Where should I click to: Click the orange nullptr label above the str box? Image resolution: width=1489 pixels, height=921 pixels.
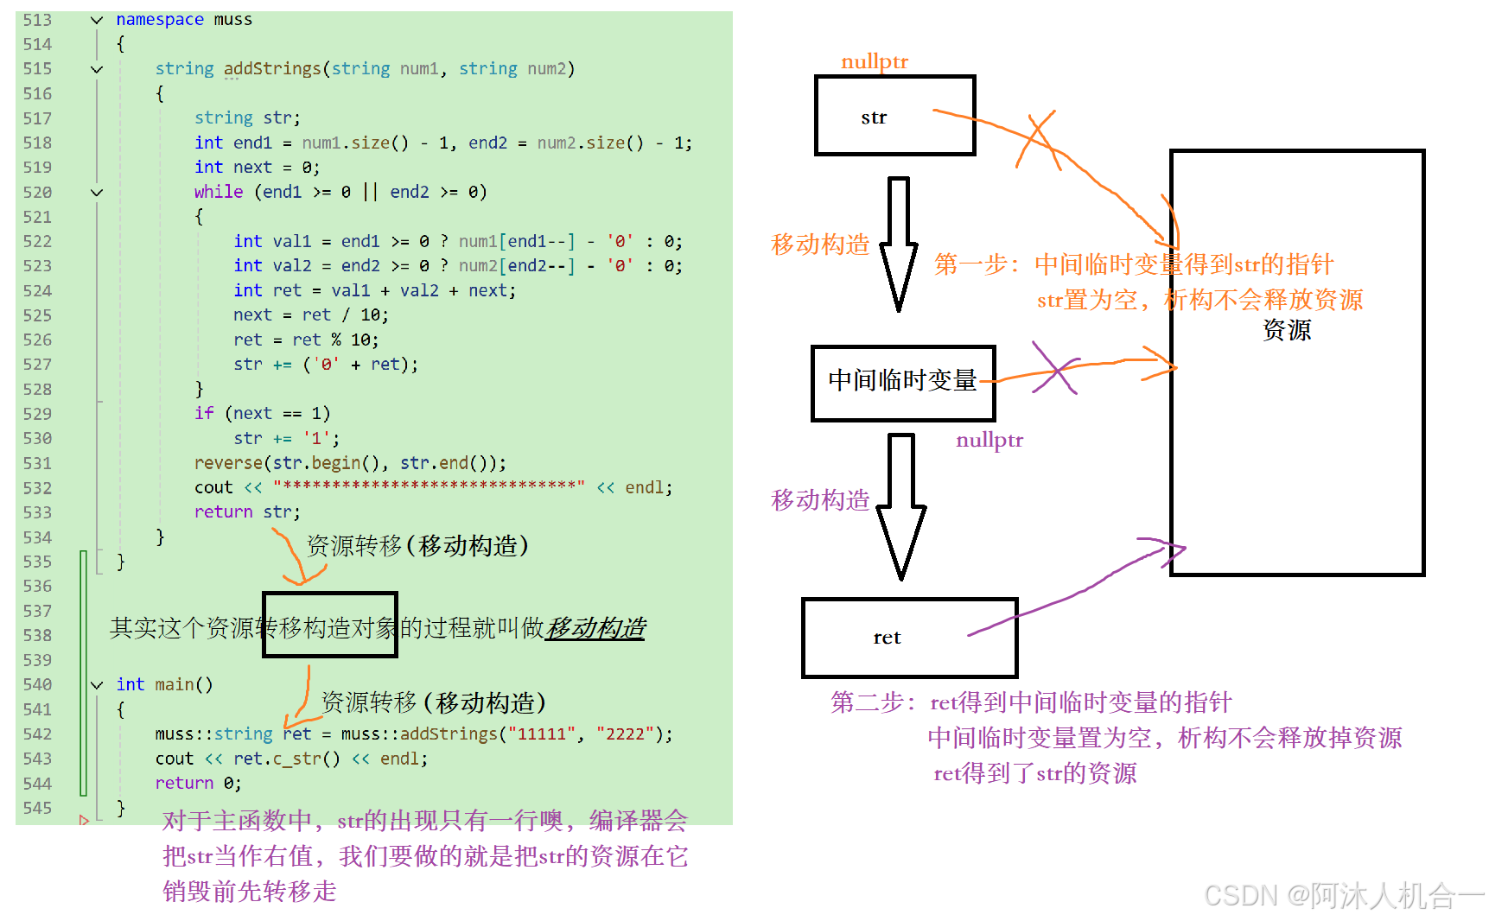pyautogui.click(x=874, y=61)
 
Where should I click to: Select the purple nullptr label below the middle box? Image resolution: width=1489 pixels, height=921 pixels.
pyautogui.click(x=989, y=440)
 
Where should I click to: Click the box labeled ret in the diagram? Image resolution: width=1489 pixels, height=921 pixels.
pyautogui.click(x=909, y=638)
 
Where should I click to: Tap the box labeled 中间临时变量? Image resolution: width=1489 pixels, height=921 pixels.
pyautogui.click(x=902, y=382)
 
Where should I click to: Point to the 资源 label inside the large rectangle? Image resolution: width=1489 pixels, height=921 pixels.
pyautogui.click(x=1286, y=330)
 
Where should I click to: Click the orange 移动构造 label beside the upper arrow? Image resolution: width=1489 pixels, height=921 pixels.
pyautogui.click(x=819, y=245)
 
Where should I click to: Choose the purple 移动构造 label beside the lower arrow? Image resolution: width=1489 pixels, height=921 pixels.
pyautogui.click(x=819, y=500)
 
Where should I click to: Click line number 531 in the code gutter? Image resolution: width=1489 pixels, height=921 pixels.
pyautogui.click(x=37, y=463)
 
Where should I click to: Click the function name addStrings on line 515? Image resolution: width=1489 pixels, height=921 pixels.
pyautogui.click(x=272, y=68)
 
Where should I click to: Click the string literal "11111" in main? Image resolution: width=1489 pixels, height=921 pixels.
pyautogui.click(x=542, y=734)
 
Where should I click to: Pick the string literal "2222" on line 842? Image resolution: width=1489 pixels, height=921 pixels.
pyautogui.click(x=624, y=734)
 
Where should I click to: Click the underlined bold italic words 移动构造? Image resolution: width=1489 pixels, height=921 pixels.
pyautogui.click(x=595, y=627)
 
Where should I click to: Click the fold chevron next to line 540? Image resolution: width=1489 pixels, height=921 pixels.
pyautogui.click(x=97, y=685)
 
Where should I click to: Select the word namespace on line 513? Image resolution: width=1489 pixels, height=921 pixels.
pyautogui.click(x=160, y=19)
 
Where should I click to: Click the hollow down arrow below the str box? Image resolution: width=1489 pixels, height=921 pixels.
pyautogui.click(x=899, y=244)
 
